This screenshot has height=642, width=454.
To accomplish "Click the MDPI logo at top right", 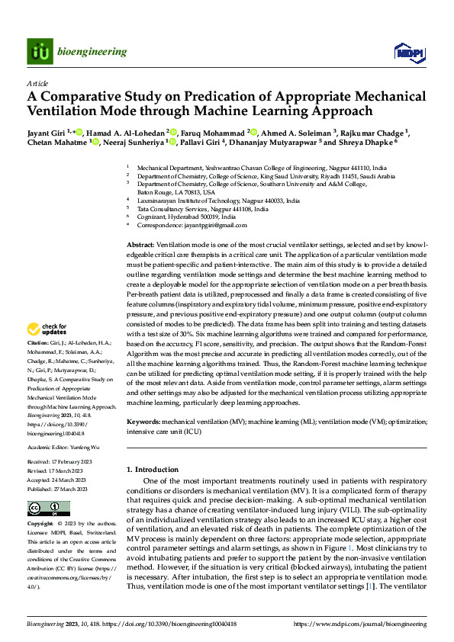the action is pos(408,52).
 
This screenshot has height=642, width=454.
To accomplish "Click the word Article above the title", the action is pos(37,83).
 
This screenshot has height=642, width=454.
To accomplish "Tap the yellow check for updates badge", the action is pos(47,330).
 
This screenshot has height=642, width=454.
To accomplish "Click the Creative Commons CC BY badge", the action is pos(49,508).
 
